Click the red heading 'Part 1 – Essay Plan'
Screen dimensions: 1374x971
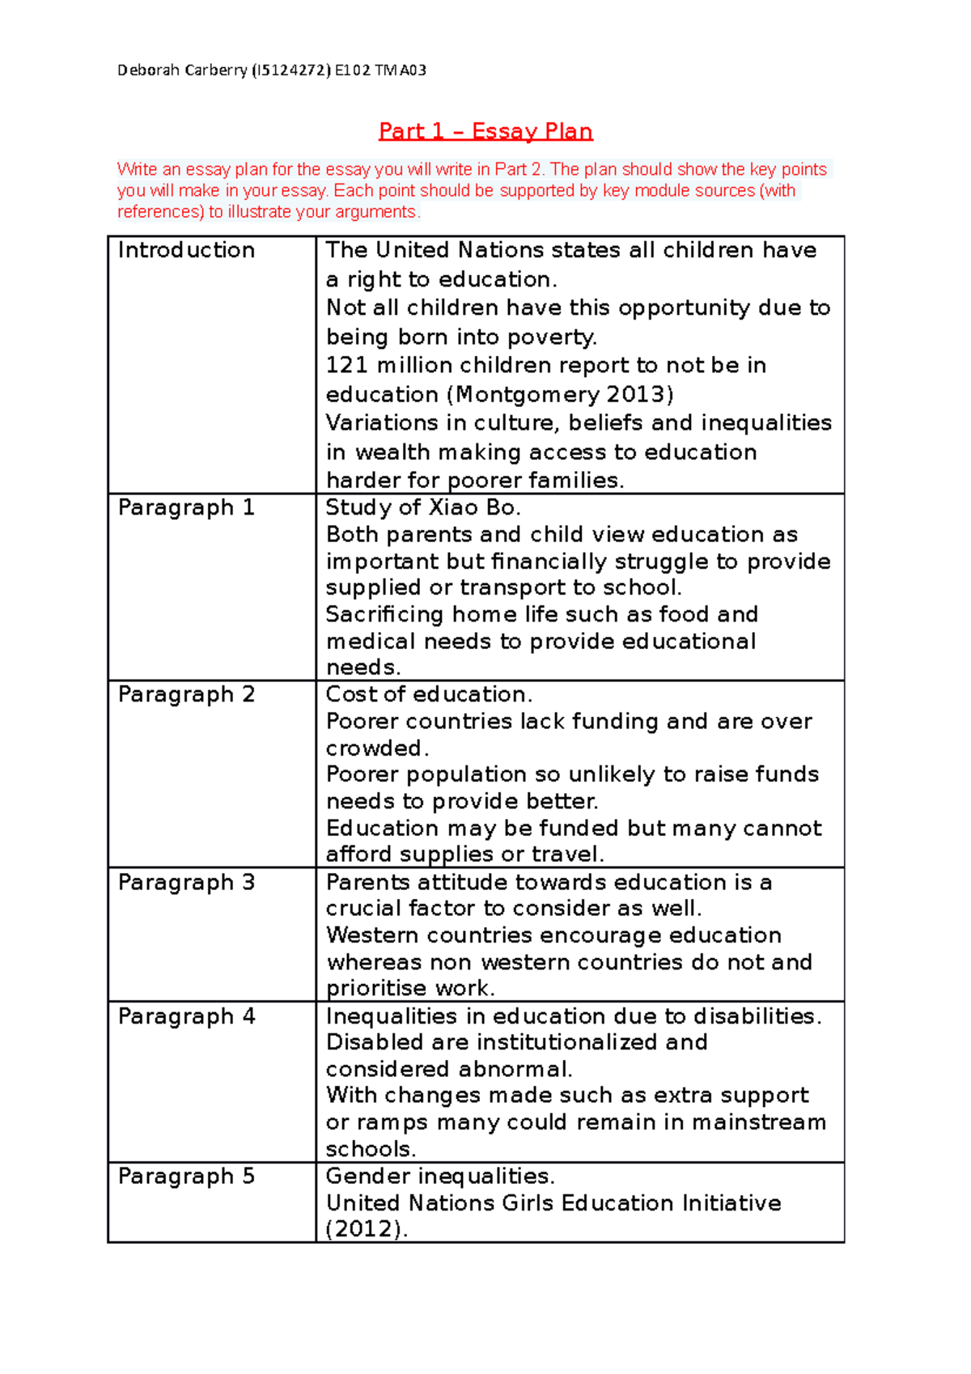tap(485, 131)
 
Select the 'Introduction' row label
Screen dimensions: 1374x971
tap(186, 250)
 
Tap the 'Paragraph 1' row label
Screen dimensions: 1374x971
tap(186, 507)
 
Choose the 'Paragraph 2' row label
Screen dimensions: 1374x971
tap(186, 694)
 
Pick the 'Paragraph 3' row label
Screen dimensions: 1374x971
tap(186, 882)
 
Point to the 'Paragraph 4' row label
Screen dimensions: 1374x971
tap(186, 1016)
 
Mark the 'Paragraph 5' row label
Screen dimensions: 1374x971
tap(186, 1176)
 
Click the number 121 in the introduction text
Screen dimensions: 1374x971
tap(347, 365)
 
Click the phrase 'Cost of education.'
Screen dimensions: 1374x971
tap(429, 694)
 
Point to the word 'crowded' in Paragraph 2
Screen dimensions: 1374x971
tap(373, 748)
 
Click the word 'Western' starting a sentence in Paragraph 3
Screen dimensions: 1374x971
tap(371, 935)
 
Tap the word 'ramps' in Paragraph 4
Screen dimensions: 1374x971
tap(392, 1122)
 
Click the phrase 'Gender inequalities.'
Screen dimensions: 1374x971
tap(439, 1176)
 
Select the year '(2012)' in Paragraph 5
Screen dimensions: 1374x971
tap(366, 1229)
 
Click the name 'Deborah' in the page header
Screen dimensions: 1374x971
tap(149, 70)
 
